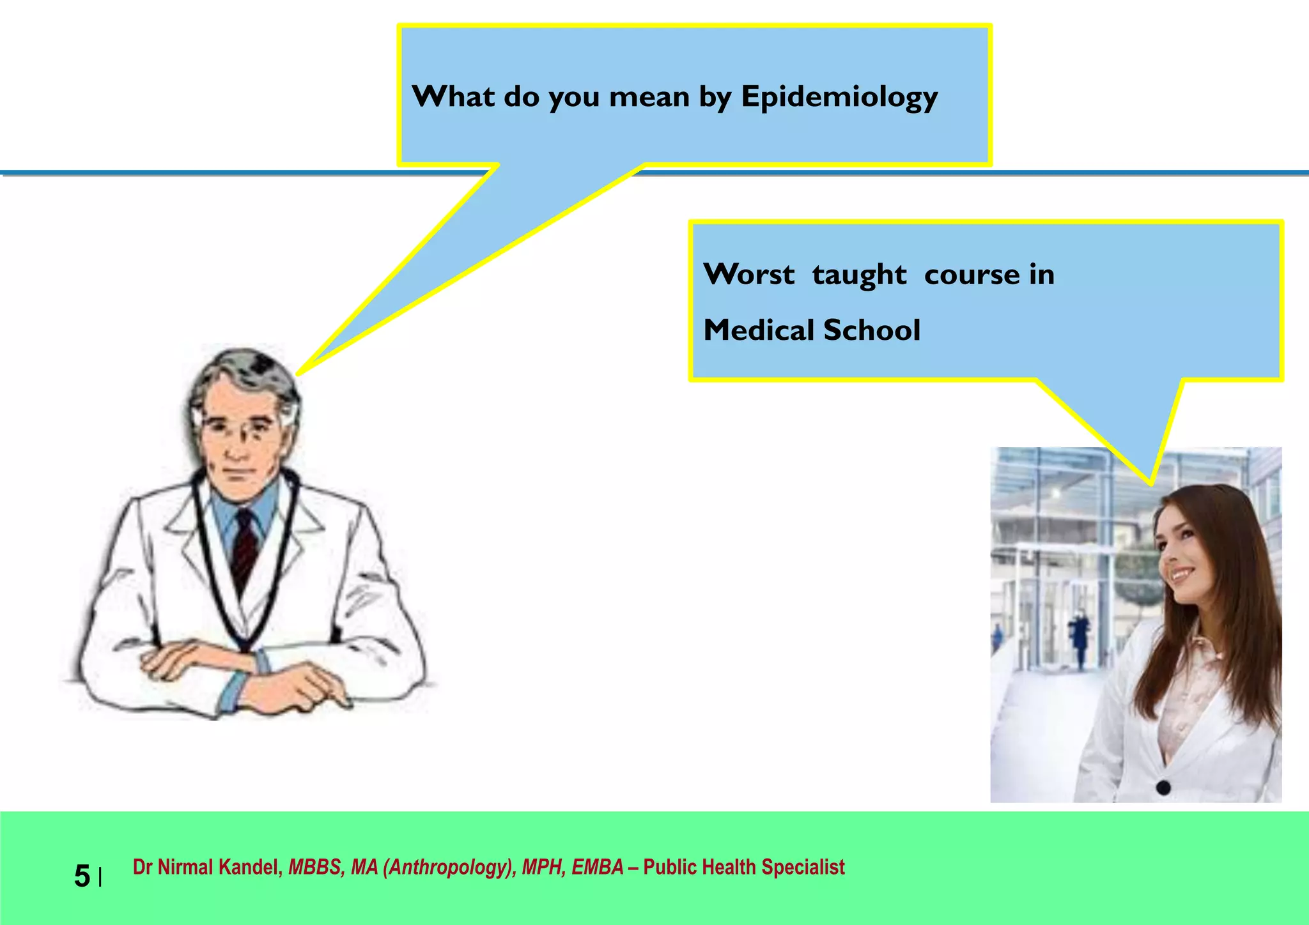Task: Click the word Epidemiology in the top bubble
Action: pos(839,98)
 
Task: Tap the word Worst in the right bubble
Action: pos(748,275)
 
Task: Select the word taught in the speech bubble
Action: pos(859,275)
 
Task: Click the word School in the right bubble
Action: pos(872,330)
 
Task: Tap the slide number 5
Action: pos(82,876)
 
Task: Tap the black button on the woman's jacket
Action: pos(1163,787)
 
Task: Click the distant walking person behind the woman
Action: pos(1080,639)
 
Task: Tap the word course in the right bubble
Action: pos(972,275)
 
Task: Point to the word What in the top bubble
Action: pos(453,98)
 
